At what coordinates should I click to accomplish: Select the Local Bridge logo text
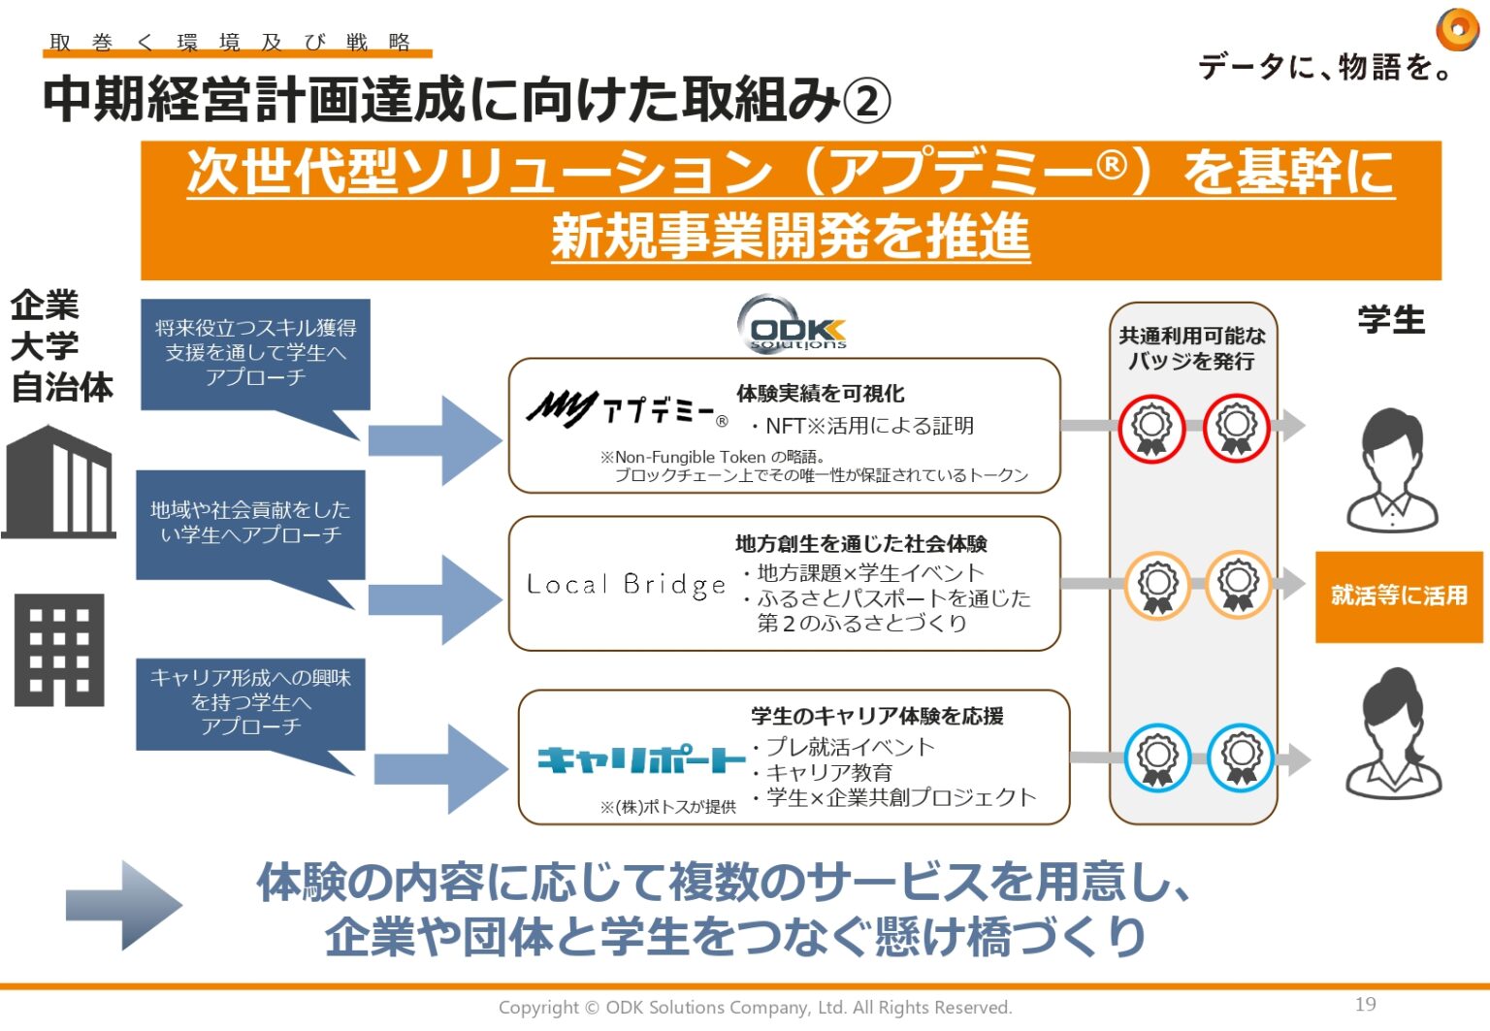[x=626, y=584]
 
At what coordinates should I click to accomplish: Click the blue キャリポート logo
[x=641, y=759]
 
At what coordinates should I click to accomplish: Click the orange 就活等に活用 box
[x=1398, y=596]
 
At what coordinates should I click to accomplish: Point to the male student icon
[x=1392, y=470]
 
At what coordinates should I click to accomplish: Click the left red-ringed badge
[x=1151, y=428]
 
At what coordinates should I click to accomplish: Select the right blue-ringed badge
[x=1240, y=757]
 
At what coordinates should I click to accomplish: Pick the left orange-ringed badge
[x=1157, y=586]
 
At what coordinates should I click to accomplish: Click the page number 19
[x=1365, y=1004]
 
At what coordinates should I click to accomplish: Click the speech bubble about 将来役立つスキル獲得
[x=255, y=353]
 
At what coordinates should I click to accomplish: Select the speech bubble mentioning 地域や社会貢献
[x=250, y=524]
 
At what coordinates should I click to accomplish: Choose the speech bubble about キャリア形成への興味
[x=250, y=703]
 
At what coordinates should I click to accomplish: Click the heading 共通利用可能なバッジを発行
[x=1192, y=348]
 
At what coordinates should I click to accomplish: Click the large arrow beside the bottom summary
[x=123, y=905]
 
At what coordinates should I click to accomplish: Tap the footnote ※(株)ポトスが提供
[x=667, y=807]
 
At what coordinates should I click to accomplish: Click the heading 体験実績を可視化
[x=820, y=393]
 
